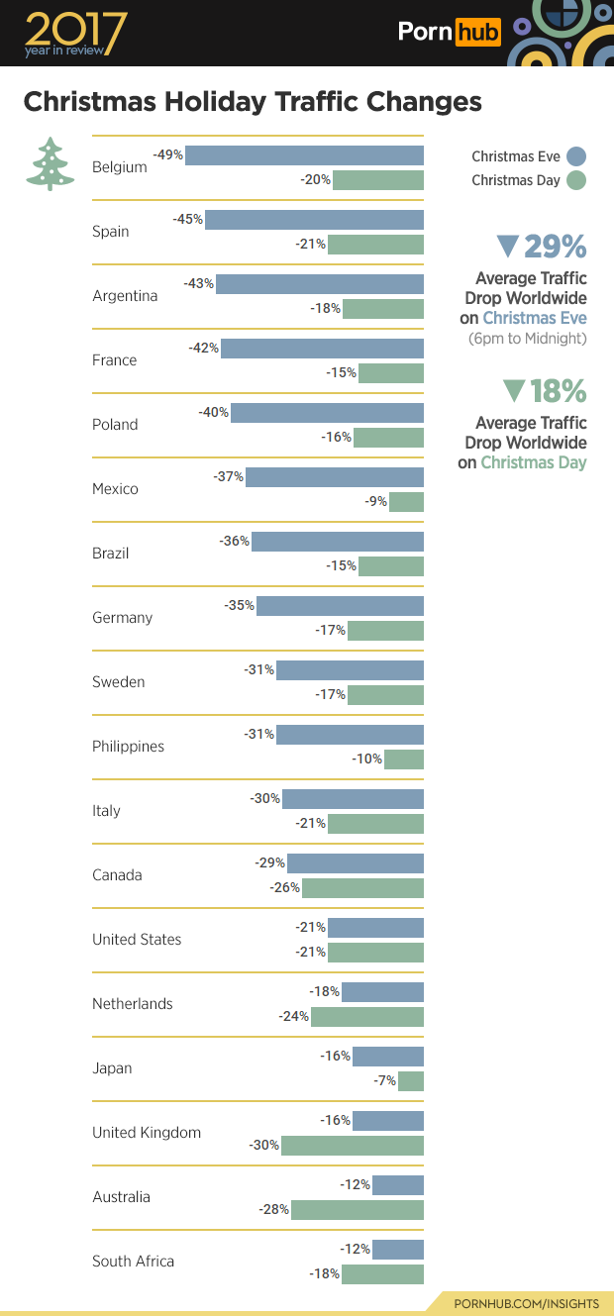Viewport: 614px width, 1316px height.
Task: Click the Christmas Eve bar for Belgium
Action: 304,155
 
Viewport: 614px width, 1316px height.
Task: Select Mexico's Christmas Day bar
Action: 406,502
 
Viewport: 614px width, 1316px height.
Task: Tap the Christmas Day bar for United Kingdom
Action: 353,1146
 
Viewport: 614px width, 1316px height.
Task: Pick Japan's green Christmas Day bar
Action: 411,1081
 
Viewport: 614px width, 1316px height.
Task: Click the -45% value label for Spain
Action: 187,219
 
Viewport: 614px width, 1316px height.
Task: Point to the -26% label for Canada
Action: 285,887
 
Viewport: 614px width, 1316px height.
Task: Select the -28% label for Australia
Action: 274,1209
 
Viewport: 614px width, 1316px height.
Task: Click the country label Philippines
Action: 128,747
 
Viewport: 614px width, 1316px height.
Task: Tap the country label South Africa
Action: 133,1262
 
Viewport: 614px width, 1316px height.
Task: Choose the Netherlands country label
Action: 132,1004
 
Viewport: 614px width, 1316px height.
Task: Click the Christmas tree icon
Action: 50,163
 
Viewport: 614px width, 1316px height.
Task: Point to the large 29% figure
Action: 555,246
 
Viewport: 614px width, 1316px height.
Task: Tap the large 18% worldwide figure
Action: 559,391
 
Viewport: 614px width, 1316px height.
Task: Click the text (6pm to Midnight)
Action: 527,339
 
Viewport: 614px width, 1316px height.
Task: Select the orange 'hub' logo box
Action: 477,33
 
